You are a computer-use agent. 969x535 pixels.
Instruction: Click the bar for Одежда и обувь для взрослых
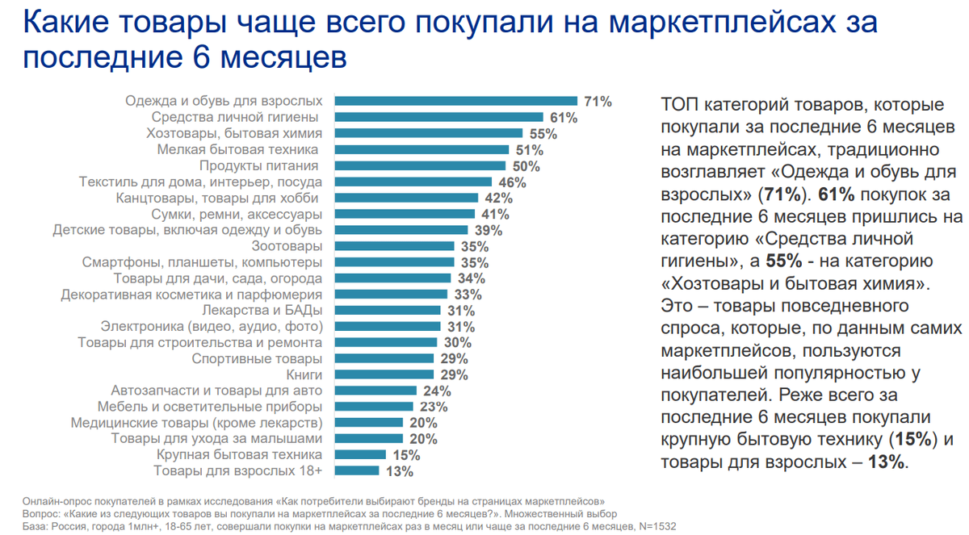click(456, 101)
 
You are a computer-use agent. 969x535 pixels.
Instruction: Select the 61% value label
click(564, 118)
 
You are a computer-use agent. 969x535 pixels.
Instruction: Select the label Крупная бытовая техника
click(240, 455)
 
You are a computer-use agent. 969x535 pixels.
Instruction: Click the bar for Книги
click(384, 374)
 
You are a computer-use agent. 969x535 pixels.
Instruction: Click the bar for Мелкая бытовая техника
click(422, 149)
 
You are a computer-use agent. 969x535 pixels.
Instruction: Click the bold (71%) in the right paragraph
click(784, 195)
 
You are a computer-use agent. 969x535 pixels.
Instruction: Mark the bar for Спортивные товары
click(384, 358)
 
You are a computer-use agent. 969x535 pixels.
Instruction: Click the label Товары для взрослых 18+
click(238, 471)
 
